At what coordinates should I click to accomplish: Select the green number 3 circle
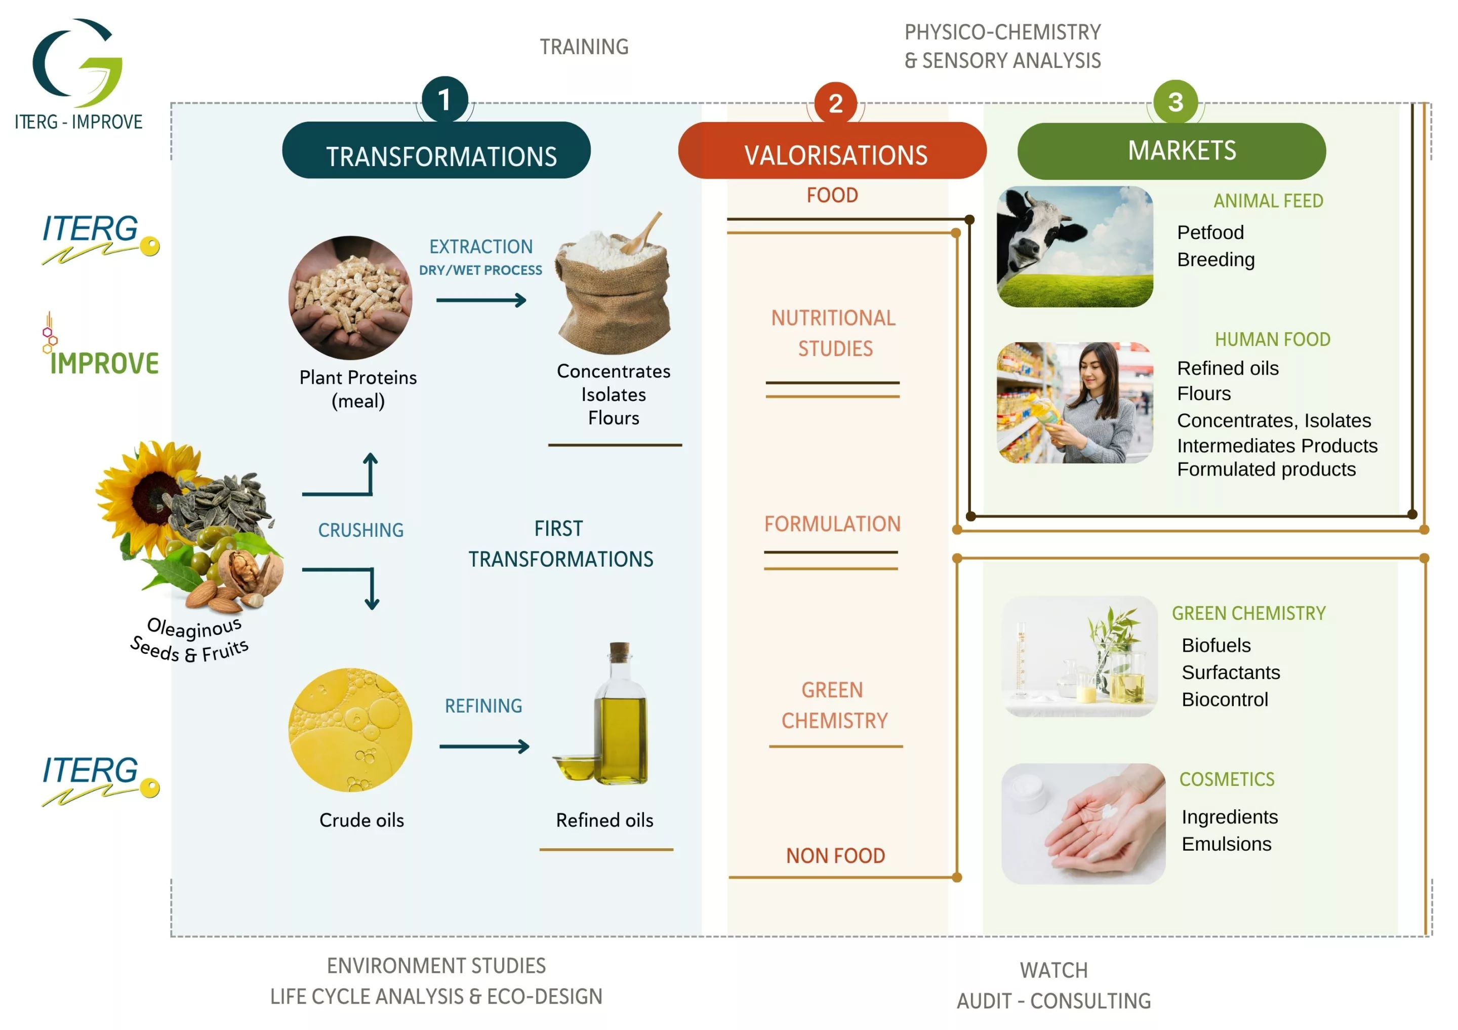(x=1176, y=102)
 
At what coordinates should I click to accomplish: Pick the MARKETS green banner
(x=1171, y=151)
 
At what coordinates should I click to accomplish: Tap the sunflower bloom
(x=149, y=492)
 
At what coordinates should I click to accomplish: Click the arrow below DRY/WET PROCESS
(x=481, y=300)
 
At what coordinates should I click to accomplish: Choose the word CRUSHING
(x=360, y=530)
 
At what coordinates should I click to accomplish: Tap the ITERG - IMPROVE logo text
(x=78, y=122)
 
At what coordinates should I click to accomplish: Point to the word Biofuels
(x=1216, y=645)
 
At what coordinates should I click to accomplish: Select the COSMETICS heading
(x=1226, y=779)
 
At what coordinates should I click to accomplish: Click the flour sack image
(x=613, y=286)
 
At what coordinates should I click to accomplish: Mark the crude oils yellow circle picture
(x=350, y=730)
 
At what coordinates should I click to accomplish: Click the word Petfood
(x=1210, y=232)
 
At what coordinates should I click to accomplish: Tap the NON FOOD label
(x=835, y=855)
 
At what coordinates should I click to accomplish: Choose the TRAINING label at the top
(x=584, y=47)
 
